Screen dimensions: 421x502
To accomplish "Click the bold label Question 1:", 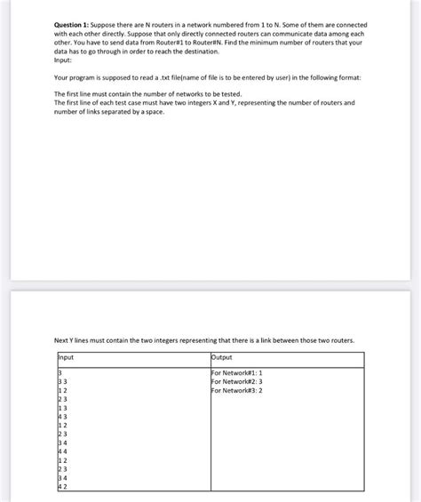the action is [74, 25].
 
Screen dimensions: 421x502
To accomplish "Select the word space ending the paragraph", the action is [154, 111].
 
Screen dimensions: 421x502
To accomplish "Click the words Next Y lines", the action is [74, 340].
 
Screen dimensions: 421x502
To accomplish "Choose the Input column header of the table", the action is [66, 357].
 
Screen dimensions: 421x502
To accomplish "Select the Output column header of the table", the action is [222, 357].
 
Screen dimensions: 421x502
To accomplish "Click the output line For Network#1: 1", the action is [236, 372].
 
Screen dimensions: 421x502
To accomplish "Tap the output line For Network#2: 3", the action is [236, 381].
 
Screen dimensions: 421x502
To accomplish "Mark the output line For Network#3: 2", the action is [236, 390].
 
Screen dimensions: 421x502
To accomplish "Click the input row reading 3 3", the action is [62, 381].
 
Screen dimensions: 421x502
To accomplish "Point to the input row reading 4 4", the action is [62, 451].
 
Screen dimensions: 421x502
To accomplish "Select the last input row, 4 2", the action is [62, 486].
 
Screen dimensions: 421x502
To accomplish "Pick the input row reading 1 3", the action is [62, 408].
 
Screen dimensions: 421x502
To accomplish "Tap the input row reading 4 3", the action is [62, 417].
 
